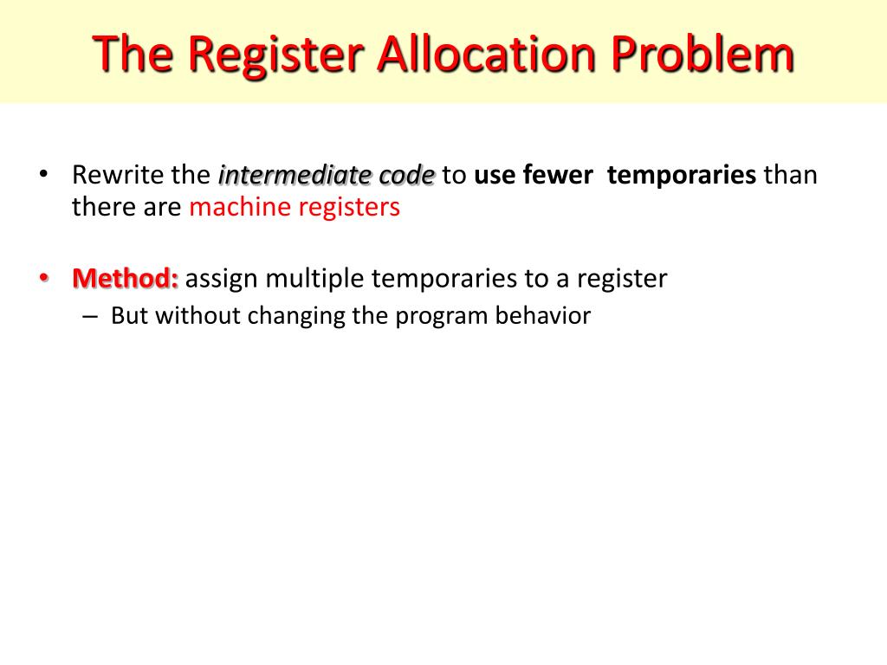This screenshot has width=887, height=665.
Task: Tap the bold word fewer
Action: pyautogui.click(x=558, y=176)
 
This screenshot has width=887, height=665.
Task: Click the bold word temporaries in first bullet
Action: pyautogui.click(x=682, y=176)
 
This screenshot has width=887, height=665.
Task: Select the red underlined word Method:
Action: pyautogui.click(x=126, y=279)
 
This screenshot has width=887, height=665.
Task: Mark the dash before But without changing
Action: pyautogui.click(x=91, y=316)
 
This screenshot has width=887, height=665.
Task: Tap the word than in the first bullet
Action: pyautogui.click(x=790, y=176)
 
